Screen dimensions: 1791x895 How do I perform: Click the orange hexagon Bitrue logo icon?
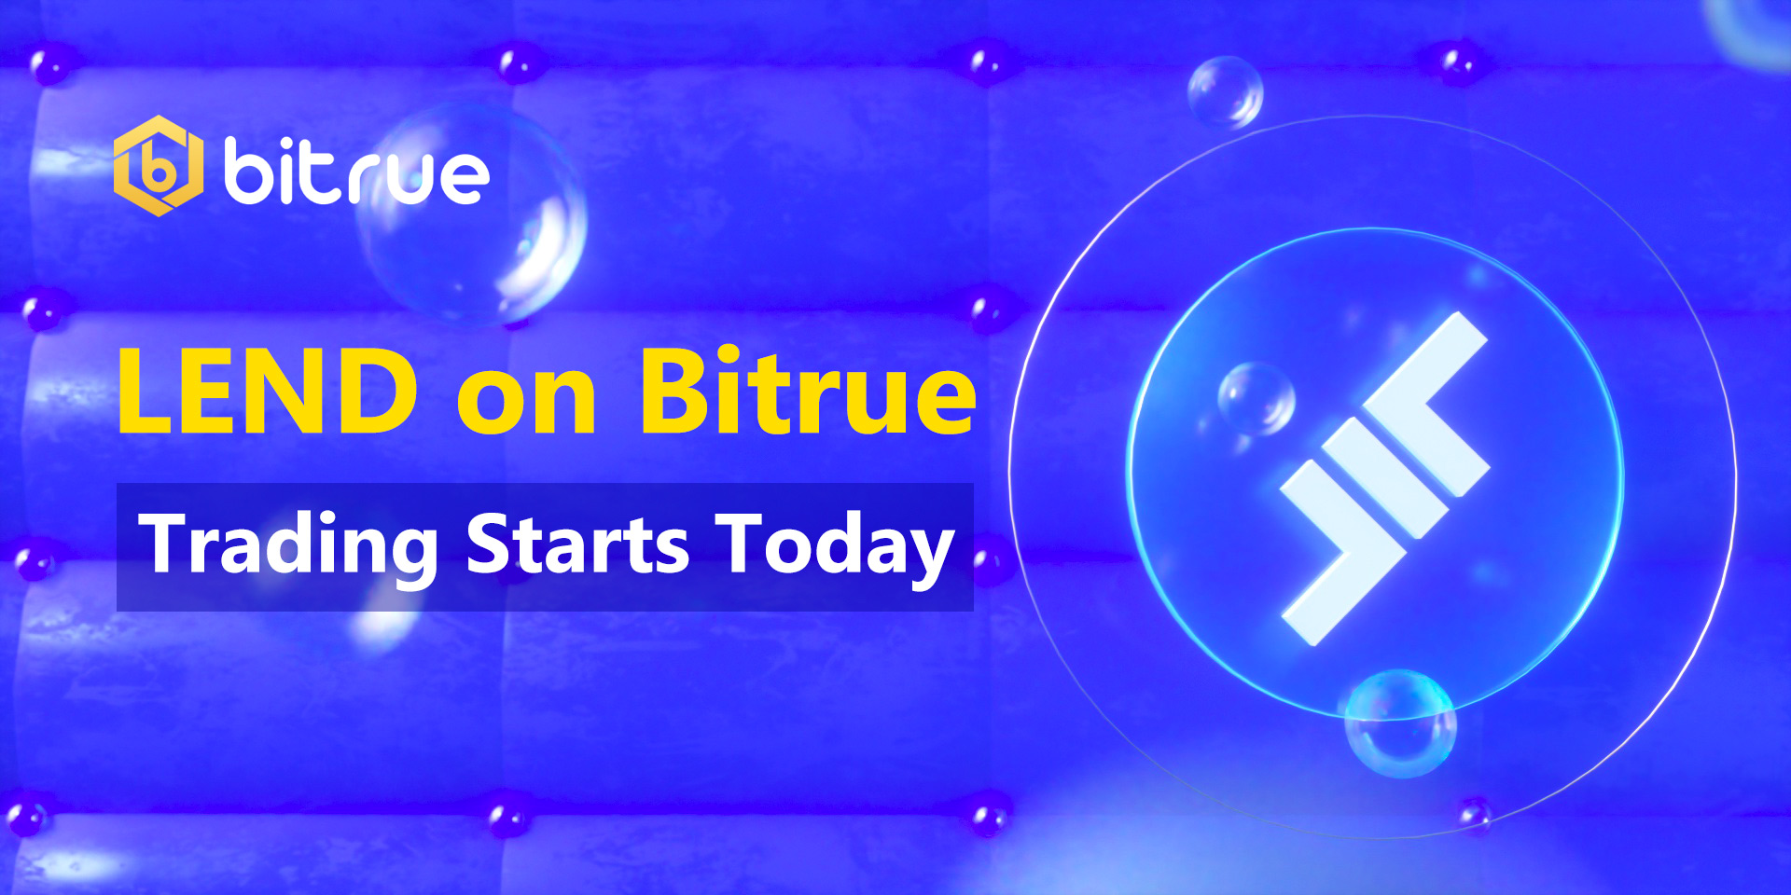pos(158,166)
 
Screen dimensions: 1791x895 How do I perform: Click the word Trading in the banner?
pos(288,548)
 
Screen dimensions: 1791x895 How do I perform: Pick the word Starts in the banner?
pos(577,544)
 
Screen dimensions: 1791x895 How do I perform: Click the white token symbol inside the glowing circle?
pos(1384,478)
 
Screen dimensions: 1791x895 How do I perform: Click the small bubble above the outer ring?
pos(1225,92)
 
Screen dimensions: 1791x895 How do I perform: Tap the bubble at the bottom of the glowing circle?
pos(1400,723)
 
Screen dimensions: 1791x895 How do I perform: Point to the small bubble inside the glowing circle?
pos(1256,399)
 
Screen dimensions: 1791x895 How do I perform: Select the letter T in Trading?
pos(168,543)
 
